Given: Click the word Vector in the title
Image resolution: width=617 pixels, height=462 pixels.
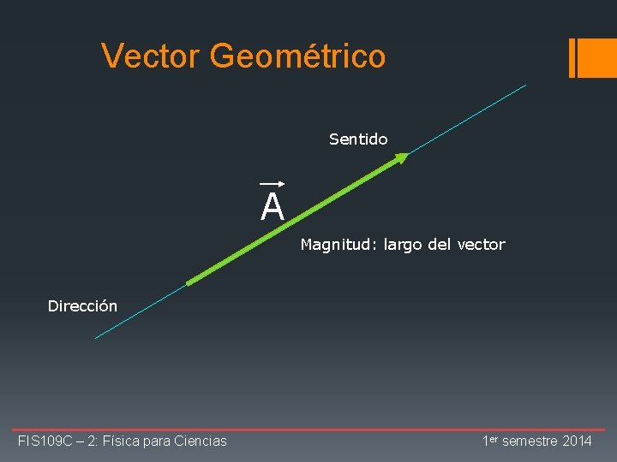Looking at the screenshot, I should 151,56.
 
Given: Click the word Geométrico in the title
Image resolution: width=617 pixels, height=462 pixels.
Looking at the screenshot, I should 297,56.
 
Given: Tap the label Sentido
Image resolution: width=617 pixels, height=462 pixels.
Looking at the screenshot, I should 358,139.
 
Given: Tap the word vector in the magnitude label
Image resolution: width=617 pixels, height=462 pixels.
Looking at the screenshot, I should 481,245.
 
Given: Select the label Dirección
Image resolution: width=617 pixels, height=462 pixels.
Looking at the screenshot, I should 82,305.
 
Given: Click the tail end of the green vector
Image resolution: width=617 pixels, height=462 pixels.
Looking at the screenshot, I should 189,283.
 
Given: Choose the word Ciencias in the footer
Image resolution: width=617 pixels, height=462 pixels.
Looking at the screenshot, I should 200,441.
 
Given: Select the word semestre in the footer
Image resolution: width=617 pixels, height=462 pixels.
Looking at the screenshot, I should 527,441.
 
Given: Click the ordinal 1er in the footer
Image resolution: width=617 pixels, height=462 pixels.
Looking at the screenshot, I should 490,440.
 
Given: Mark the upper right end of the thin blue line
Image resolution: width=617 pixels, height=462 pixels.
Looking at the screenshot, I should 525,85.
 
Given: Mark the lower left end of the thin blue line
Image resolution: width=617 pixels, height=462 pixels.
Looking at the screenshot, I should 96,338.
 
